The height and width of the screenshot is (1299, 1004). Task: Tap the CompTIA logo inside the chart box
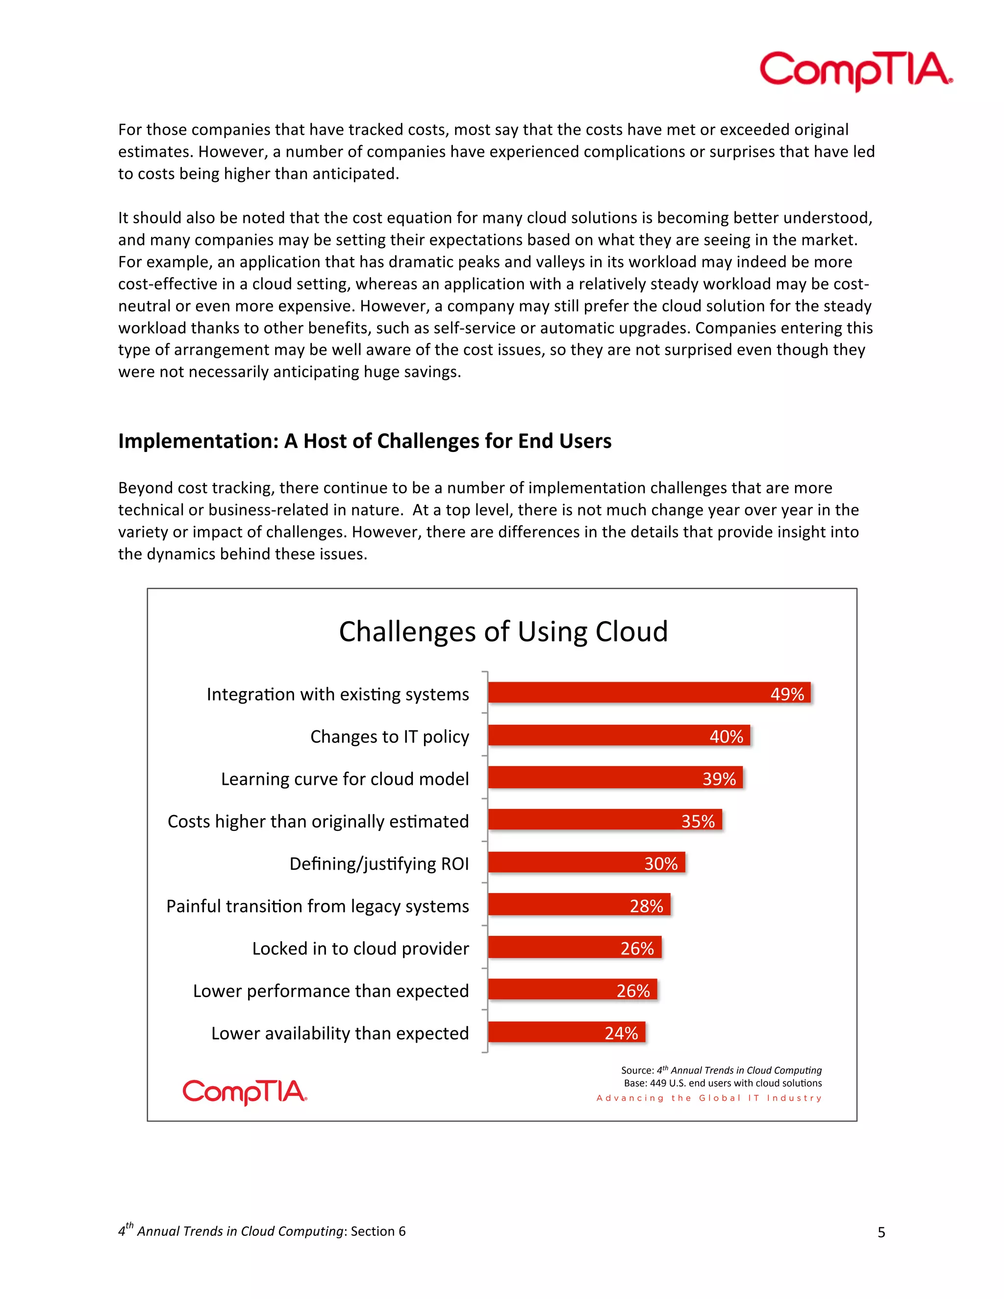click(245, 1092)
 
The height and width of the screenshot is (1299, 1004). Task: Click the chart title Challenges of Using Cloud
click(503, 632)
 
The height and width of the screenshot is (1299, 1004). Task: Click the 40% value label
click(726, 736)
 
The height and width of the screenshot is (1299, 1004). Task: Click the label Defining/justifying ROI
click(379, 864)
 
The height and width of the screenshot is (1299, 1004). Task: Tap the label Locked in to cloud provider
click(360, 948)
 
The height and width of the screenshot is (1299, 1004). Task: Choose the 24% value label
click(621, 1033)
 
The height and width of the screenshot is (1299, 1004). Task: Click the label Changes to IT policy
click(390, 736)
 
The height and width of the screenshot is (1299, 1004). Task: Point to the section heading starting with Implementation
click(365, 441)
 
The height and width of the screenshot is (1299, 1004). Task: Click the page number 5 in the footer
click(881, 1232)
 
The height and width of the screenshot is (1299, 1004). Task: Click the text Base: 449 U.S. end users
click(722, 1083)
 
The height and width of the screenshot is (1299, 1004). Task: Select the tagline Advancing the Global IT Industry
click(709, 1098)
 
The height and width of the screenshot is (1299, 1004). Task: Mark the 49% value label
click(787, 694)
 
